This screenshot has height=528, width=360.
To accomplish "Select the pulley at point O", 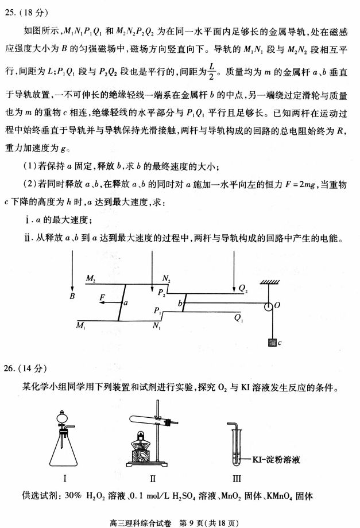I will pos(268,306).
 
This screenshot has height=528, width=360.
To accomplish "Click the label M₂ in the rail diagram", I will pos(90,278).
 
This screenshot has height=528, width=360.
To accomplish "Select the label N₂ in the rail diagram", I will pos(166,278).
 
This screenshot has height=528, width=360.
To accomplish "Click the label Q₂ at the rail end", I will pos(243,289).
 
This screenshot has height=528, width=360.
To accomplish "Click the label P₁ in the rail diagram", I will pos(157,309).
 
